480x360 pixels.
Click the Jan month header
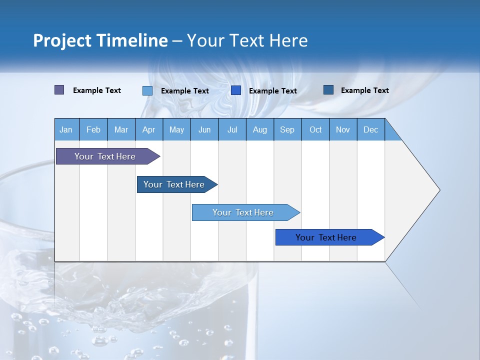click(x=66, y=129)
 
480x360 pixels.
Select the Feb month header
click(x=93, y=129)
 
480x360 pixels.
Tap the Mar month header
click(x=121, y=129)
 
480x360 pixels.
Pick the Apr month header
click(x=149, y=129)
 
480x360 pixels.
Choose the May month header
click(x=176, y=129)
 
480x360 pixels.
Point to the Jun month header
click(x=204, y=129)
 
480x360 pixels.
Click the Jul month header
click(x=232, y=129)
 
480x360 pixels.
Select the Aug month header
click(x=260, y=129)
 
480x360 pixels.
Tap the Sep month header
click(x=287, y=129)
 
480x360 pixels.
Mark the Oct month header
click(x=315, y=129)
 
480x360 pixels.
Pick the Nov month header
click(x=343, y=129)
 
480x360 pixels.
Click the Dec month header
click(x=371, y=129)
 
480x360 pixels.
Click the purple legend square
click(x=59, y=90)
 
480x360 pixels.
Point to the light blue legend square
click(x=147, y=90)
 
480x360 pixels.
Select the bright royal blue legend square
click(x=236, y=90)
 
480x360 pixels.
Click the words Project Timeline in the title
click(x=100, y=40)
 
